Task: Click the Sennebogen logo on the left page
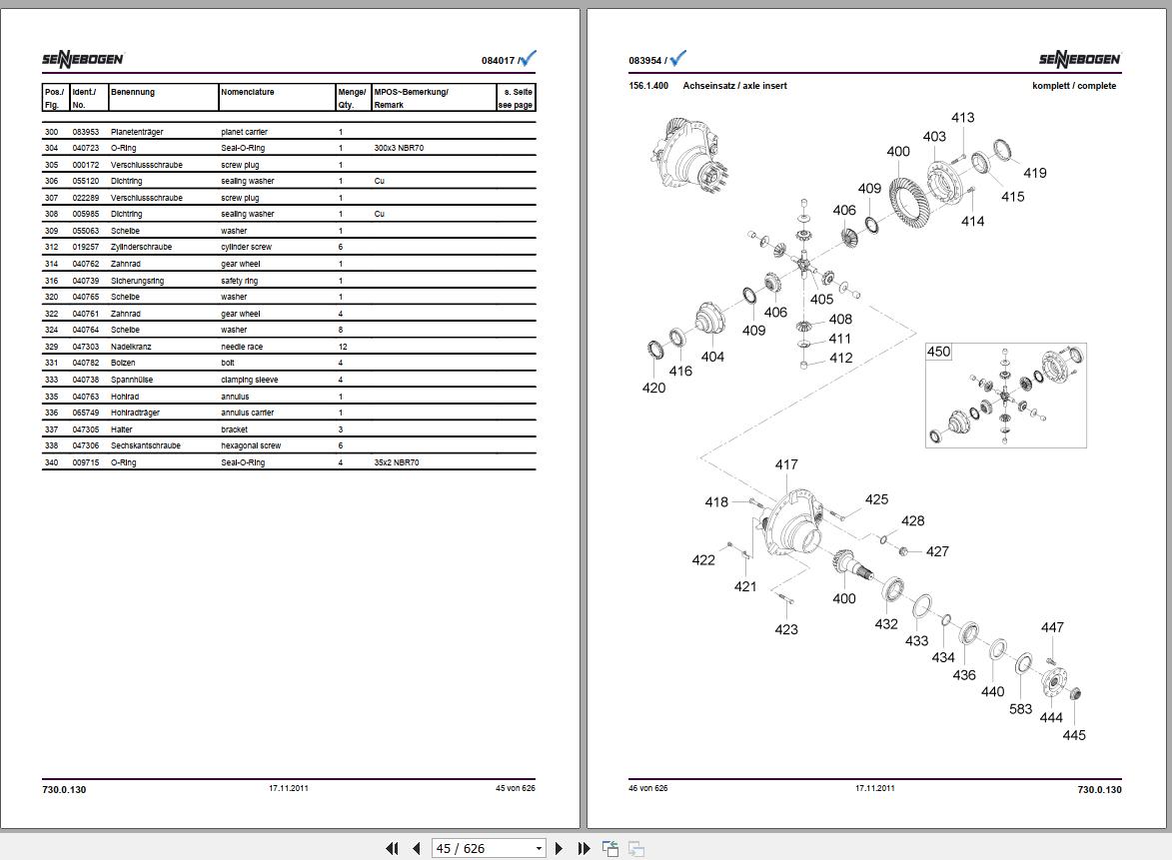82,60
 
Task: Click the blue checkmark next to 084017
529,59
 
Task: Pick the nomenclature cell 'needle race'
242,347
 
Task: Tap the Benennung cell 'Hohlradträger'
135,413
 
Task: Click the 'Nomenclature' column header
248,92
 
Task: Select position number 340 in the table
52,462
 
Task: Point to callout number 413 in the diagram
962,118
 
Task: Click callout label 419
1035,173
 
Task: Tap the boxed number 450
939,352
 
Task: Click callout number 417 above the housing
786,464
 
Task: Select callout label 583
1020,709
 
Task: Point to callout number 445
1074,735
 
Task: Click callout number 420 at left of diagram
653,388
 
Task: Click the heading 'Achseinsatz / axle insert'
734,86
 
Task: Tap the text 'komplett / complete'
1074,86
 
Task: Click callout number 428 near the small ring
912,520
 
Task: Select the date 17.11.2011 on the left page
289,788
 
